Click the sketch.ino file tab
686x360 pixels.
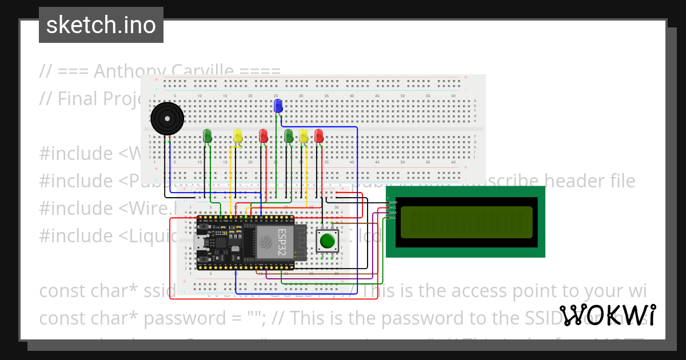pyautogui.click(x=101, y=25)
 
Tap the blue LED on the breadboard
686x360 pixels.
pyautogui.click(x=278, y=106)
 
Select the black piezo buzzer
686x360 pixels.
pyautogui.click(x=167, y=119)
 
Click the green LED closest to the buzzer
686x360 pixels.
pyautogui.click(x=208, y=135)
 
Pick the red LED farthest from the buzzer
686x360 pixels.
pyautogui.click(x=318, y=135)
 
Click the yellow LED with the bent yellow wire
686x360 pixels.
pyautogui.click(x=238, y=135)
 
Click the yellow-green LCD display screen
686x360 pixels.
pyautogui.click(x=466, y=222)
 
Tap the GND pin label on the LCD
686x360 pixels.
pyautogui.click(x=393, y=202)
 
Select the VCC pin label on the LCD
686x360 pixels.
pyautogui.click(x=393, y=207)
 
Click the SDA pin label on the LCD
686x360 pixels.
pyautogui.click(x=393, y=213)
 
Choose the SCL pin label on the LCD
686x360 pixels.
pyautogui.click(x=393, y=218)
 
